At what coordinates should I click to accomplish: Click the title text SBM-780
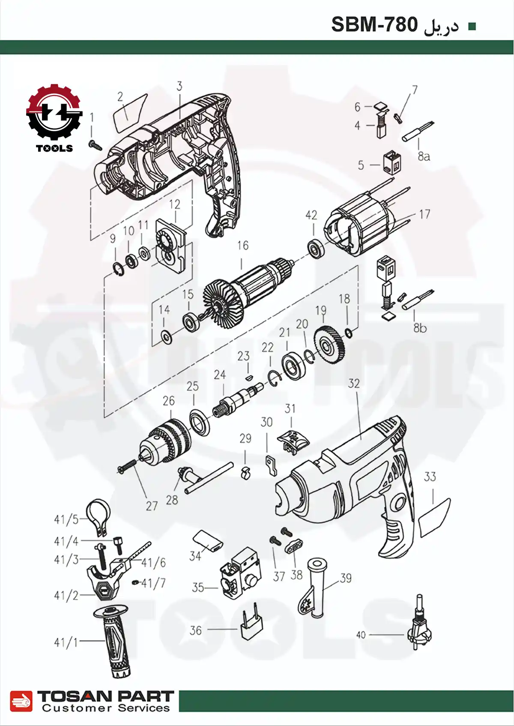(374, 25)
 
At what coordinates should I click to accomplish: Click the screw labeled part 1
(95, 145)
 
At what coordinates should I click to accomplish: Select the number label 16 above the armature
(242, 246)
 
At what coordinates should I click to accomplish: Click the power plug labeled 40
(419, 625)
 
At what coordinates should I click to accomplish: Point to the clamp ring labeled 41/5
(99, 515)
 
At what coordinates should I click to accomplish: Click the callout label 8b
(420, 328)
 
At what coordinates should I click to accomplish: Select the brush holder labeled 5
(392, 162)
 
